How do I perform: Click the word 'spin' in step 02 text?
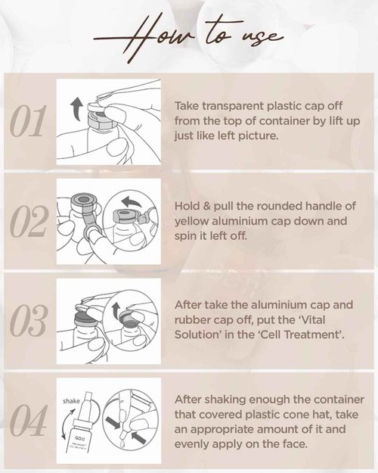point(188,236)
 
